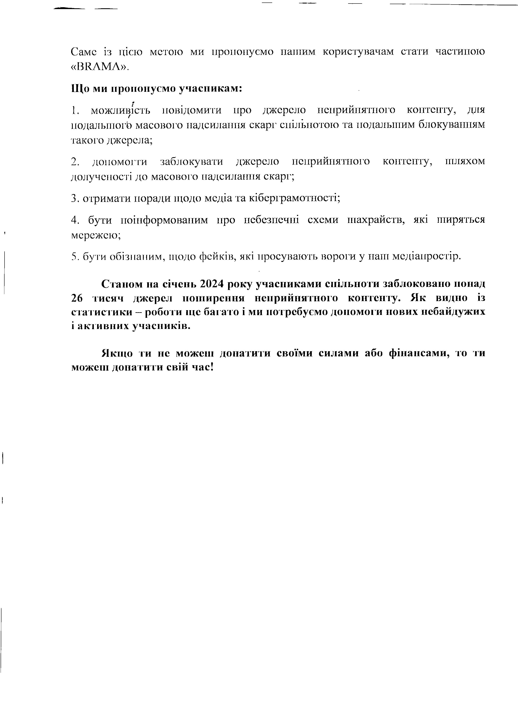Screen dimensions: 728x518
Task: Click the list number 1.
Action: click(74, 110)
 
